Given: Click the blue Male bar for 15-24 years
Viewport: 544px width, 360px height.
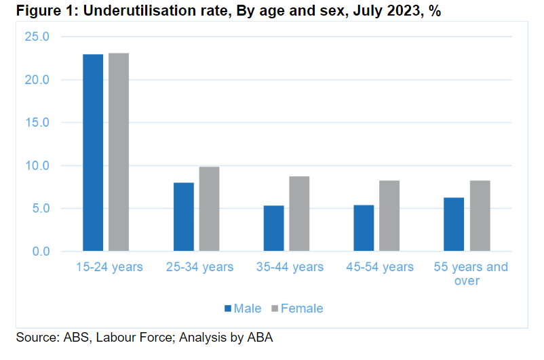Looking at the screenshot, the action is [x=93, y=153].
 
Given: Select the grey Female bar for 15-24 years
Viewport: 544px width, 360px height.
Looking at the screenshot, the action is [x=119, y=152].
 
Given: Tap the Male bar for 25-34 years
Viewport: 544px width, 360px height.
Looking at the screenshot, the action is [x=184, y=217].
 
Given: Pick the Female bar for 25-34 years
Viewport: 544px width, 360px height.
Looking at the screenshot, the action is [x=209, y=209].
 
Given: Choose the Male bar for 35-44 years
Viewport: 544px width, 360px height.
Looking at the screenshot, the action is [x=274, y=228].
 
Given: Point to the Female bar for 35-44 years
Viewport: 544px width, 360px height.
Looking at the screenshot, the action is [x=299, y=214].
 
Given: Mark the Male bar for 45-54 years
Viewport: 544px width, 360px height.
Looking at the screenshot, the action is [x=364, y=228].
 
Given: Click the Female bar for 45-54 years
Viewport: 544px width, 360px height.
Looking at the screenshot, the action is [x=389, y=216].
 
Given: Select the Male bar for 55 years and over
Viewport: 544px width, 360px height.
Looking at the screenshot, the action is [x=454, y=224].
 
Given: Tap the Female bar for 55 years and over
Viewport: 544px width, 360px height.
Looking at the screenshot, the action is [x=480, y=216].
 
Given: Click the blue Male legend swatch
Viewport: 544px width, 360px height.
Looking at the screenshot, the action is [x=228, y=308].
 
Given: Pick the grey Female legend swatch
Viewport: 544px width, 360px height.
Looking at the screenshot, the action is [x=275, y=308].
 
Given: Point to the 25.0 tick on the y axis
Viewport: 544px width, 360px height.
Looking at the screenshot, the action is [x=37, y=37].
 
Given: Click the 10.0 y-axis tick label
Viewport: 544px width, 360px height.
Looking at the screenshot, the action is [x=37, y=165].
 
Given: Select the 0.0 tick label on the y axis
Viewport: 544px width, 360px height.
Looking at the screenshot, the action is [x=41, y=251].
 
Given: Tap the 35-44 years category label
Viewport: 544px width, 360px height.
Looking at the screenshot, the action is [x=290, y=266].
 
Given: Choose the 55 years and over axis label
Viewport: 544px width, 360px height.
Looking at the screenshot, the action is [x=471, y=274].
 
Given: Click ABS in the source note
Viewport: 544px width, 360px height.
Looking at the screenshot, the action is [x=76, y=338].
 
